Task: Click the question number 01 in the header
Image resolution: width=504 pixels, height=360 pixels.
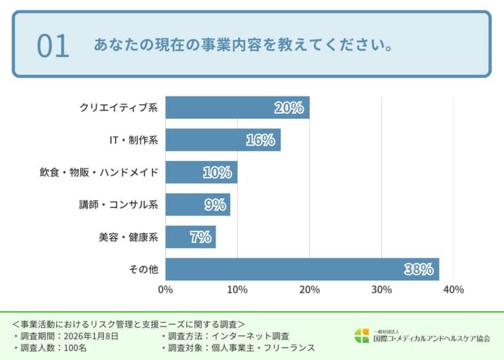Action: point(52,46)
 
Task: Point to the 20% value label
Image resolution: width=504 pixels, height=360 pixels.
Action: point(289,108)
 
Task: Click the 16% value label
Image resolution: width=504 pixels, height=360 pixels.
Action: point(260,140)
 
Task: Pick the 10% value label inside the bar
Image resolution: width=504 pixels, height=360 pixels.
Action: point(217,173)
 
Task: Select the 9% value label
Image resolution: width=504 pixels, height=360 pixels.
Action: point(215,205)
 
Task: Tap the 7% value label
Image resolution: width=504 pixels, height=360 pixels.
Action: point(200,237)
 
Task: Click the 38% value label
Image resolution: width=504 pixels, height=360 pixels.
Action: point(419,270)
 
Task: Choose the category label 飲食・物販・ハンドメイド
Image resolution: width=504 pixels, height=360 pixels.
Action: point(99,173)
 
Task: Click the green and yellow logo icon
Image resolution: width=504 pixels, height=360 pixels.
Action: point(362,336)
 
